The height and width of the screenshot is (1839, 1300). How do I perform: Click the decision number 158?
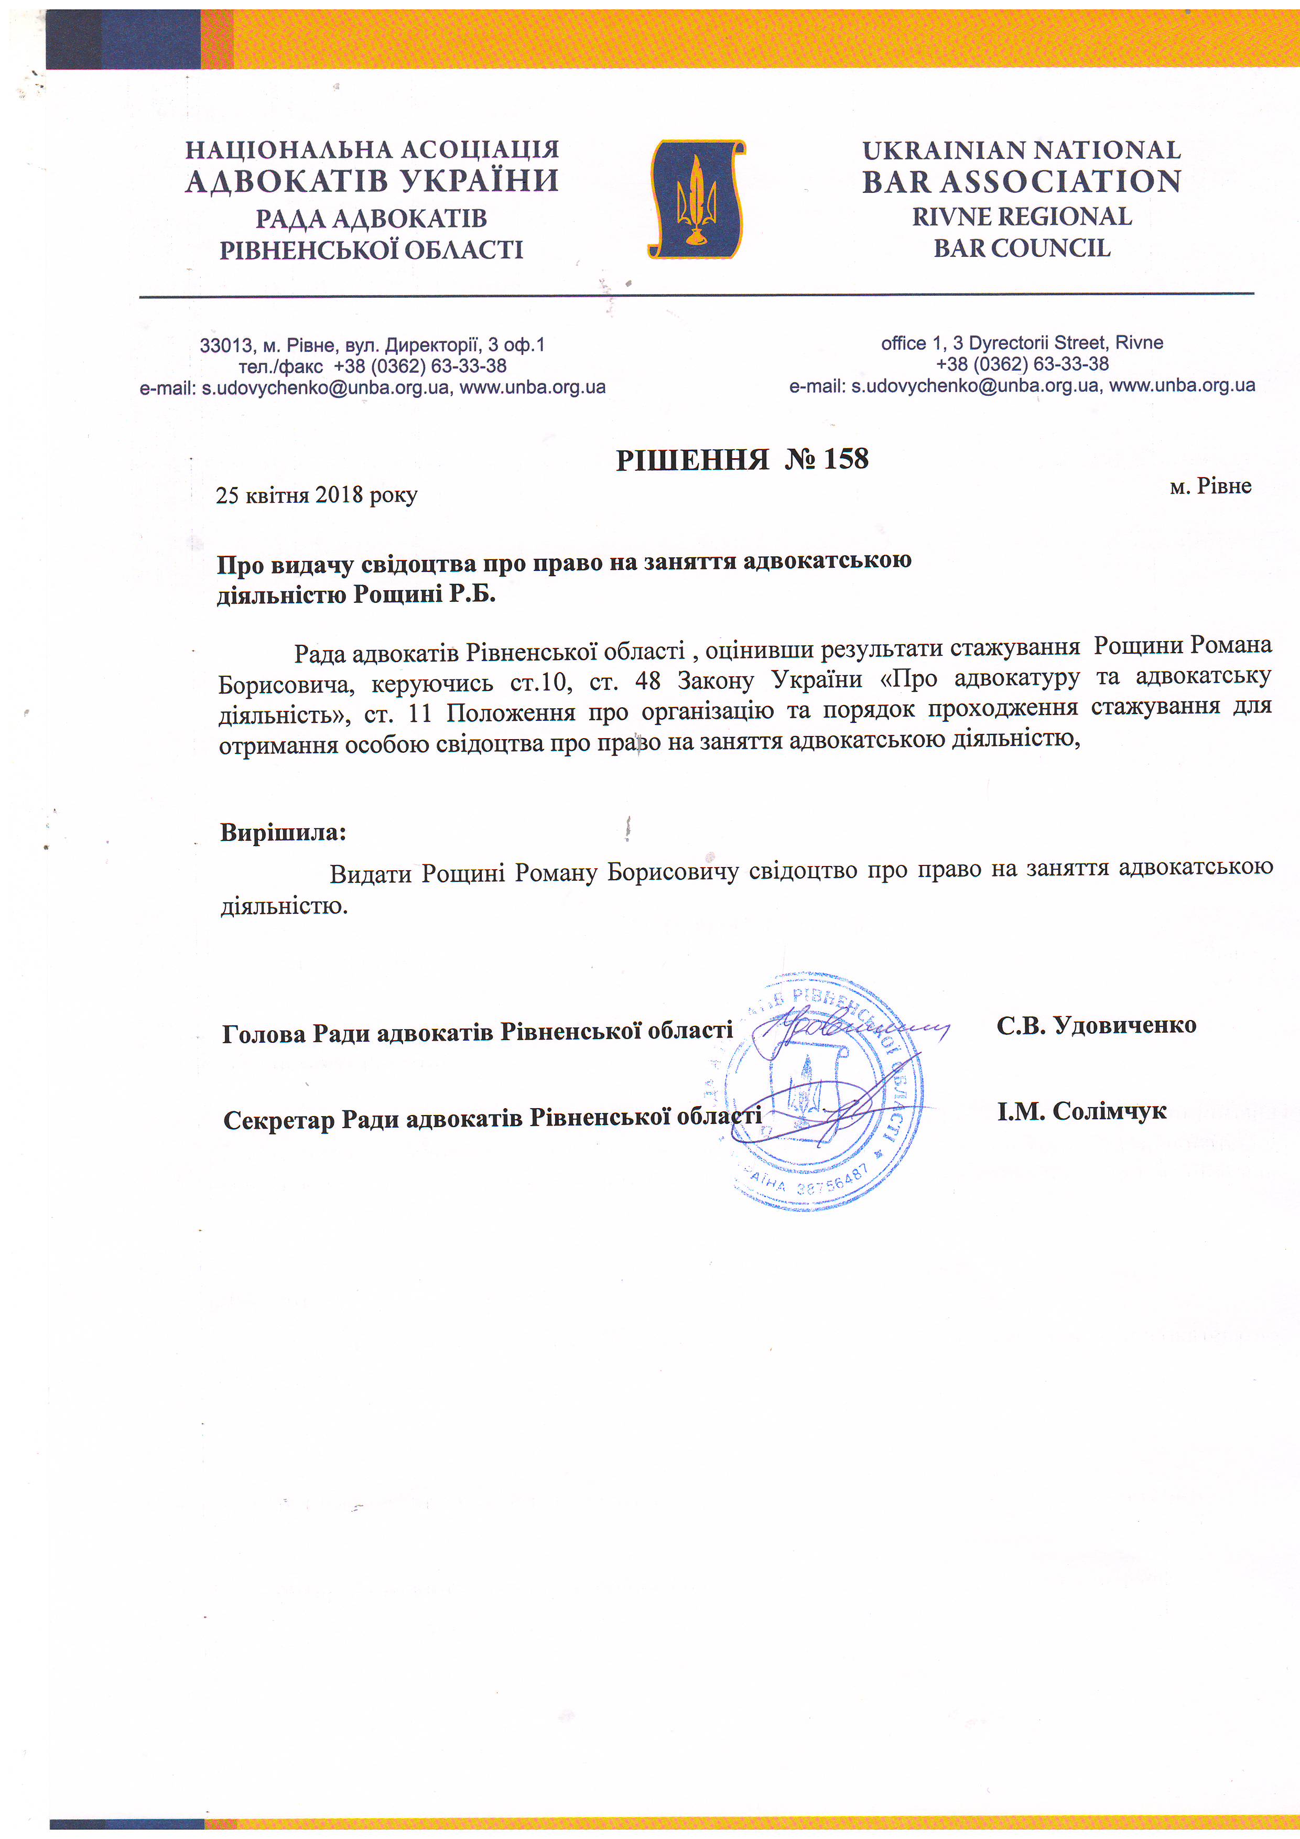[x=845, y=459]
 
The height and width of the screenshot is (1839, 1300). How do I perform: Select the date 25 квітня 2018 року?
[x=317, y=495]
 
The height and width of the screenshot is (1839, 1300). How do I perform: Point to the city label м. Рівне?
[x=1209, y=486]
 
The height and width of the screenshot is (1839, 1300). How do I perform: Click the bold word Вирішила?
[x=283, y=832]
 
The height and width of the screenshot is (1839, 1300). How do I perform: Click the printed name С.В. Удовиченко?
[x=1096, y=1025]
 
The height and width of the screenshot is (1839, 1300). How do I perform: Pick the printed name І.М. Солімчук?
[x=1081, y=1111]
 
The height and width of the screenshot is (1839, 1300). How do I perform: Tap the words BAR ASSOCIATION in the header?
[x=1021, y=182]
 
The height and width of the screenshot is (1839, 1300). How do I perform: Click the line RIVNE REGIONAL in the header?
[x=1021, y=217]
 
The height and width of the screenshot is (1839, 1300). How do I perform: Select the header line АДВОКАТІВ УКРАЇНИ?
[x=372, y=181]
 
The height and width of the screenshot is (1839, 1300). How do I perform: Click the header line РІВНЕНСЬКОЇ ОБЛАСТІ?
[x=372, y=250]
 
